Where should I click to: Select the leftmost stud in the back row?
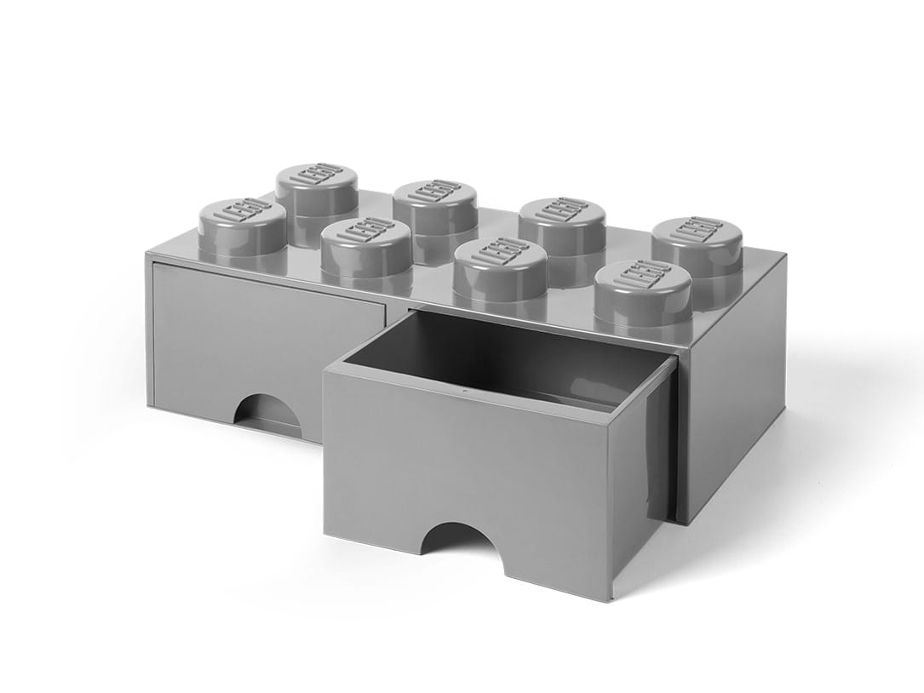317,189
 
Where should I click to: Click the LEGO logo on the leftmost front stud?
243,210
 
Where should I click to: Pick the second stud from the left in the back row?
434,206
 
